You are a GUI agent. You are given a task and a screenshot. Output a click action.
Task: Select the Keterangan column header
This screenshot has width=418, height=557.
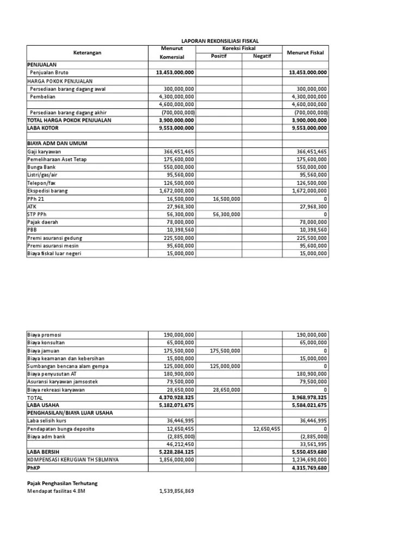(x=87, y=53)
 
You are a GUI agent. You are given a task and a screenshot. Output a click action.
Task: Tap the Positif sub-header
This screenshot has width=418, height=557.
(x=219, y=57)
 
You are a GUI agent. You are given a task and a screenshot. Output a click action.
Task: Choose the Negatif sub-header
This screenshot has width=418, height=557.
(x=261, y=57)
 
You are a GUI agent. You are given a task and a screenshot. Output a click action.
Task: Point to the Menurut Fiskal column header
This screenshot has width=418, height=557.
(x=305, y=53)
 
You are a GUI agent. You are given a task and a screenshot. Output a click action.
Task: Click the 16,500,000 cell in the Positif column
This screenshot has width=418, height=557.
(x=226, y=200)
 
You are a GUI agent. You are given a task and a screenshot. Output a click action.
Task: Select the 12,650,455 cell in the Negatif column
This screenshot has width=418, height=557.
(x=267, y=429)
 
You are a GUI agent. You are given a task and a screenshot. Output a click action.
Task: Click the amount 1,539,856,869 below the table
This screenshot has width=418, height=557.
(x=176, y=491)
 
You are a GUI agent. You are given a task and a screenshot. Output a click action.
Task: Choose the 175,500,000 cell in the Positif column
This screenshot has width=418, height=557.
(x=224, y=351)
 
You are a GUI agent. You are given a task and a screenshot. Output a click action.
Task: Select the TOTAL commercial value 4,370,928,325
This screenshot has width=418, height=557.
(x=176, y=398)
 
